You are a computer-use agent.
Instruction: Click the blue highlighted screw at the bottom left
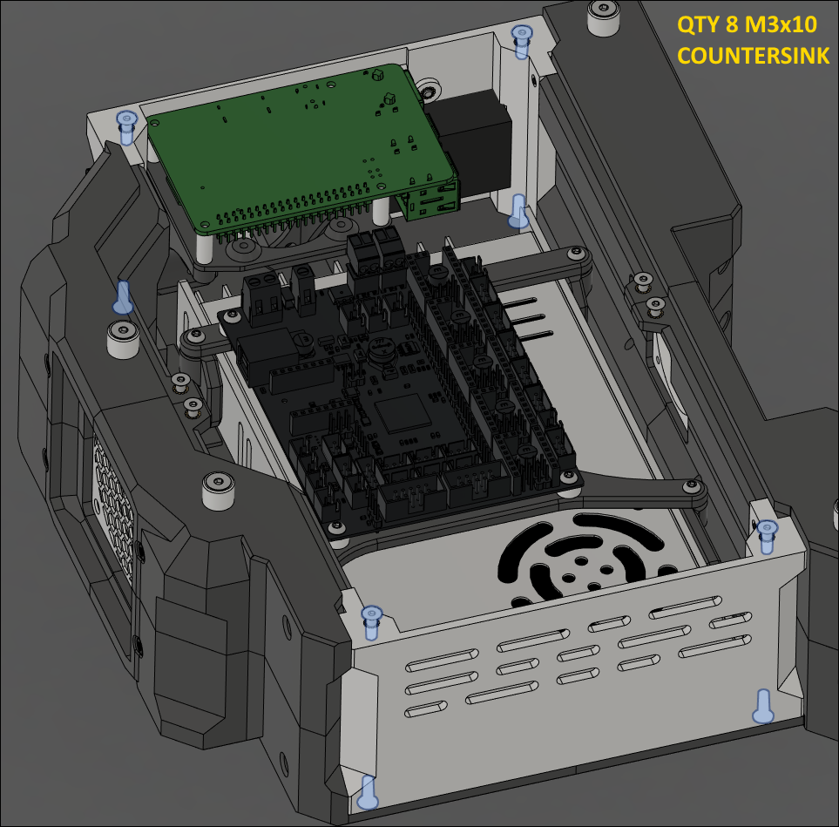[x=368, y=790]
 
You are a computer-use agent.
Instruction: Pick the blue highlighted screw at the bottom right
[x=763, y=705]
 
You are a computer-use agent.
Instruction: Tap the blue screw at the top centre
[x=522, y=41]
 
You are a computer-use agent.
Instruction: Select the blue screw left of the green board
[x=127, y=125]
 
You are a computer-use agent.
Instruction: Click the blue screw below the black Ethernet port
[x=518, y=211]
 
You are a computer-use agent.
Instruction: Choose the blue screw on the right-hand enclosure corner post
[x=767, y=534]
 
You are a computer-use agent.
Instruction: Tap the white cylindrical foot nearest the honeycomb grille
[x=219, y=491]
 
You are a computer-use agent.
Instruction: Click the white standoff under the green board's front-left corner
[x=204, y=247]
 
